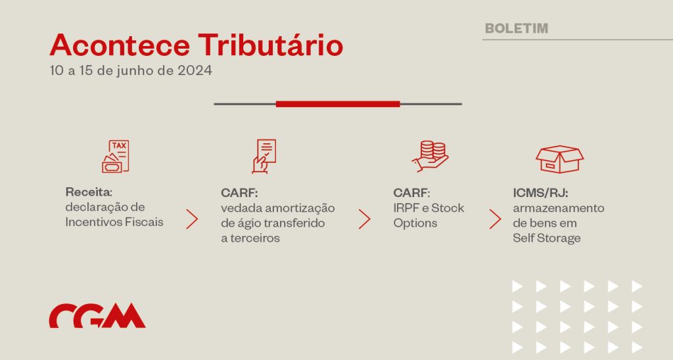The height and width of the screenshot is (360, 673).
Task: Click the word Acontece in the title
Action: (x=120, y=45)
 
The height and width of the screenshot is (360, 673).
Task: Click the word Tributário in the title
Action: (x=270, y=45)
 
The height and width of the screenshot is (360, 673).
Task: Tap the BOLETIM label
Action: (x=517, y=28)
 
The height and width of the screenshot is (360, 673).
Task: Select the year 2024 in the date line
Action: (x=195, y=70)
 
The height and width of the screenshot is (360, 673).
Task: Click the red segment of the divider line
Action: (x=338, y=104)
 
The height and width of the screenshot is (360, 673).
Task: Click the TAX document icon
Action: (x=116, y=156)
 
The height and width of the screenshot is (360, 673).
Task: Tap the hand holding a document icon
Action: (x=264, y=156)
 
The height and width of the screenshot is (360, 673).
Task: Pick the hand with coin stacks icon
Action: (x=430, y=156)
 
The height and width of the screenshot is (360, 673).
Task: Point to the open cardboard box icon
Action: (x=559, y=159)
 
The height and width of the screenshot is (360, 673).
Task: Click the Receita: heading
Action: (x=89, y=192)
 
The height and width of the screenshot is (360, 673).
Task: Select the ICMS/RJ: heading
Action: (x=540, y=193)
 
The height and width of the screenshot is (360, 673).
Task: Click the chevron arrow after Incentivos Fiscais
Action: (x=192, y=219)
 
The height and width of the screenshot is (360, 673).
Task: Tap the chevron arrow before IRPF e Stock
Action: (x=364, y=219)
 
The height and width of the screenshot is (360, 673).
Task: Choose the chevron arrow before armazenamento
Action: (x=496, y=219)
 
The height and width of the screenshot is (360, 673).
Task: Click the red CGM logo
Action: (x=97, y=316)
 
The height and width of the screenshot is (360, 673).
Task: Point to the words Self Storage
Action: (x=546, y=238)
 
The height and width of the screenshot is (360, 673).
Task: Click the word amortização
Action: (x=300, y=208)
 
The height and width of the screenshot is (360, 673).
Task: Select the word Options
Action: (x=415, y=223)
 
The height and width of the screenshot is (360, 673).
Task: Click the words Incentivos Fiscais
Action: (x=114, y=222)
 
